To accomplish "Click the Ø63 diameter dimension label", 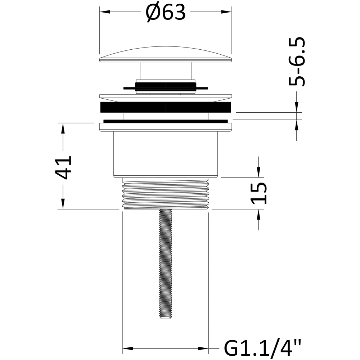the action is click(x=166, y=13).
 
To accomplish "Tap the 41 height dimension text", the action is click(x=63, y=168).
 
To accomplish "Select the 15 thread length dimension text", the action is click(x=259, y=193).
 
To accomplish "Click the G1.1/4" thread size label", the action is click(x=262, y=349).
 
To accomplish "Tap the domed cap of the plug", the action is click(x=166, y=54).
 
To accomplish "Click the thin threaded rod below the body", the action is click(x=166, y=264).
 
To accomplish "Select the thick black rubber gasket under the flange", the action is click(x=166, y=107).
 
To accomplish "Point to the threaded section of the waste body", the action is click(x=166, y=193).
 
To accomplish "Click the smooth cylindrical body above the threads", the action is click(x=166, y=154).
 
